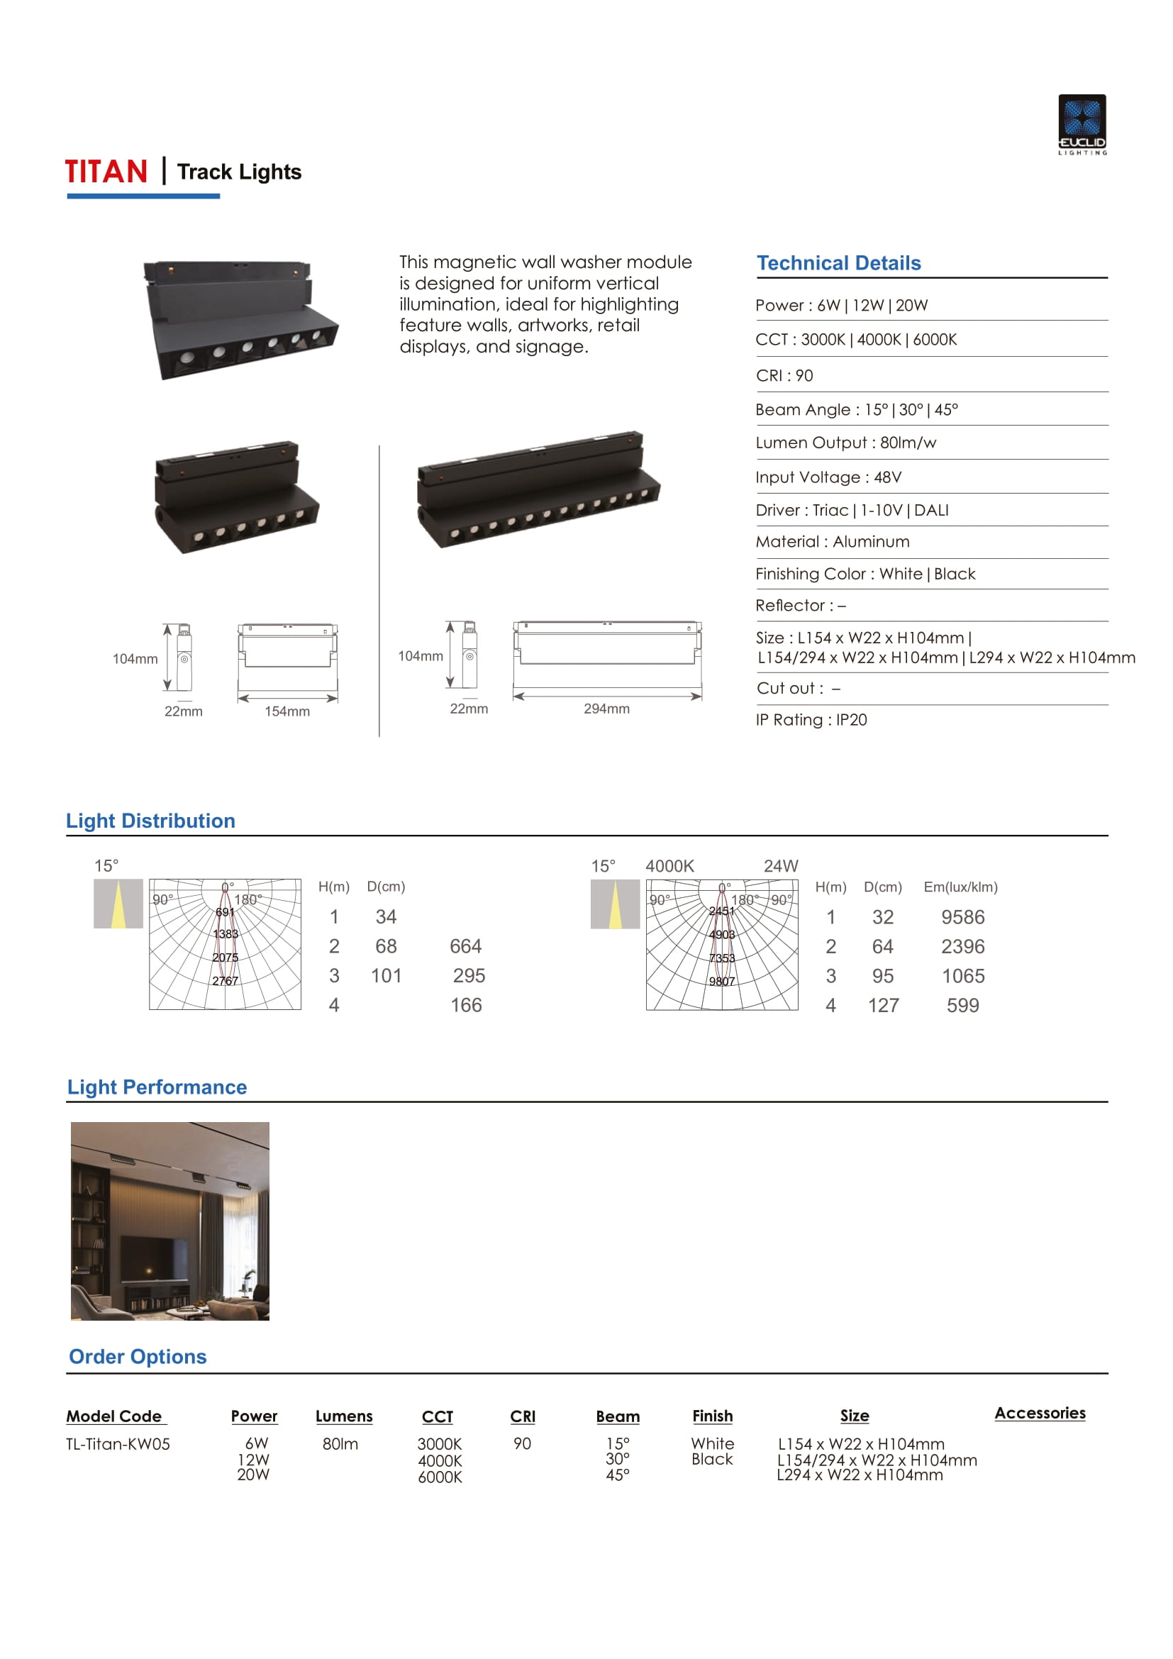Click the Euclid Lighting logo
1082,123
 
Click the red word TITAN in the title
106,172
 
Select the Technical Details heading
838,263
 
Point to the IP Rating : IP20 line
811,720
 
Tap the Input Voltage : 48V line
828,477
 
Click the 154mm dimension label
287,711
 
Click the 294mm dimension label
606,709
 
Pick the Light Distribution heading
150,821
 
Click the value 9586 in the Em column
962,917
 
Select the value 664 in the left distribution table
465,947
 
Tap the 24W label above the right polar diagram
780,865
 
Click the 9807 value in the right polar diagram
721,981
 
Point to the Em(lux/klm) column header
960,887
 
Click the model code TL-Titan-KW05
118,1443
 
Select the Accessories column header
1040,1414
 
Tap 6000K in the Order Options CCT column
439,1477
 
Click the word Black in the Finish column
711,1459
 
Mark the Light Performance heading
157,1087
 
